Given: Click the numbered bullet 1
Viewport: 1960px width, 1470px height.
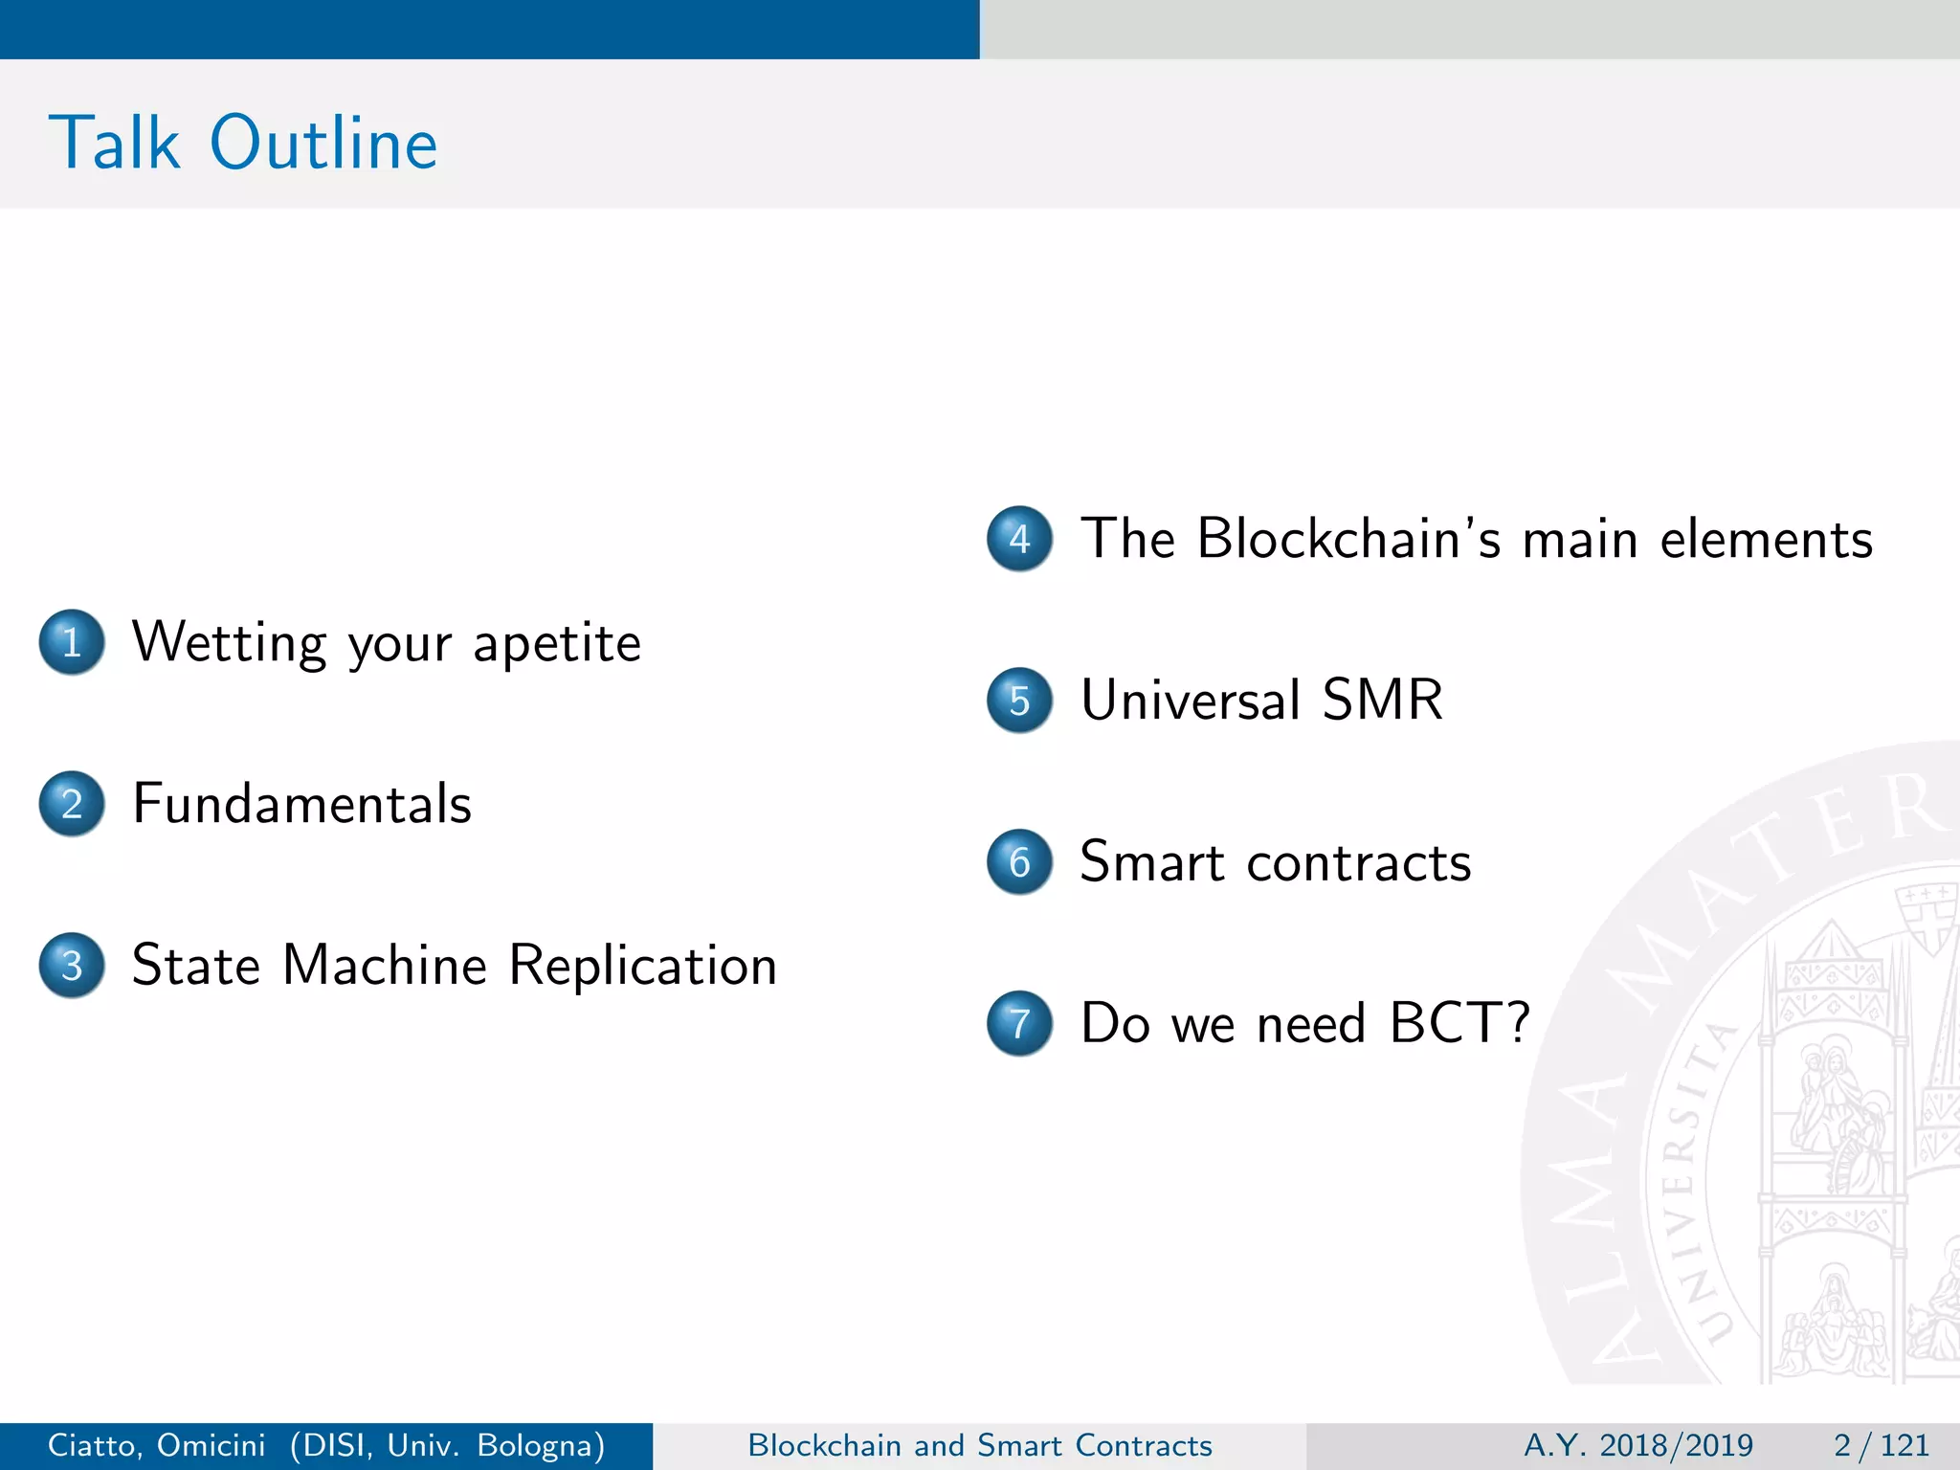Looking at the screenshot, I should click(x=72, y=642).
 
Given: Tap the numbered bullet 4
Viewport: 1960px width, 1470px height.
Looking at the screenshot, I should click(x=1019, y=539).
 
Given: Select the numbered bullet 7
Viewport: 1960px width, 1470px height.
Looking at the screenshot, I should click(x=1019, y=1023).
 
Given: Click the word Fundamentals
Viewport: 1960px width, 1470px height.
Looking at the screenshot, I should click(x=301, y=804).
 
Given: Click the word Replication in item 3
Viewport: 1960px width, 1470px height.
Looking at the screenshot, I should click(x=642, y=966).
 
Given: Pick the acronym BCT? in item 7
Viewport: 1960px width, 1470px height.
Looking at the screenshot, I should click(x=1459, y=1023).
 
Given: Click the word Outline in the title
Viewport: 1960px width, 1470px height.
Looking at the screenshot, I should click(x=323, y=144).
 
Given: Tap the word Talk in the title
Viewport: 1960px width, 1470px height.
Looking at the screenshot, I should click(x=114, y=144).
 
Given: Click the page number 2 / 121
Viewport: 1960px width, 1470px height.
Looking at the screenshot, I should click(x=1881, y=1445).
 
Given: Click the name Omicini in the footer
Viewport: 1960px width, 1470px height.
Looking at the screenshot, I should click(x=211, y=1445).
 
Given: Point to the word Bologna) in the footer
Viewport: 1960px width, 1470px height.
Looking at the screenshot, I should click(x=541, y=1445).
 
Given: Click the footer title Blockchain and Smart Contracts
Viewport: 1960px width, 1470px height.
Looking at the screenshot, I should click(x=980, y=1445).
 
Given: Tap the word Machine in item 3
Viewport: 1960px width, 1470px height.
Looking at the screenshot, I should click(x=385, y=966).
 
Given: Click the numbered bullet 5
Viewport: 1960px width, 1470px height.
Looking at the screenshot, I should click(x=1019, y=701).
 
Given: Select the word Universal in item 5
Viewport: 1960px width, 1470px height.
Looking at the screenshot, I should click(x=1190, y=700).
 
